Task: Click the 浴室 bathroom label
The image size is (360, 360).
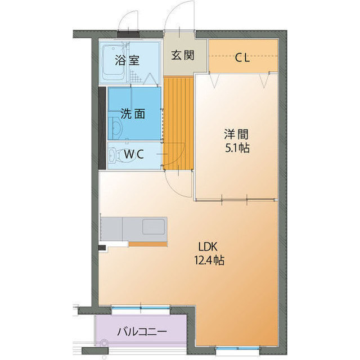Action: click(127, 60)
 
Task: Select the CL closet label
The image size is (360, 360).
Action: click(242, 56)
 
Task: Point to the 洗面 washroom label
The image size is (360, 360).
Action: click(133, 114)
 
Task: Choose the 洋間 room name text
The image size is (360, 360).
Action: click(236, 135)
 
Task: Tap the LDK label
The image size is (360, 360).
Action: click(206, 246)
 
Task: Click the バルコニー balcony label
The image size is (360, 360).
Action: click(141, 331)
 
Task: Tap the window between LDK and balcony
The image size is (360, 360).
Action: click(141, 308)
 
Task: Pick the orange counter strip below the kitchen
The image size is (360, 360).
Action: click(148, 244)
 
